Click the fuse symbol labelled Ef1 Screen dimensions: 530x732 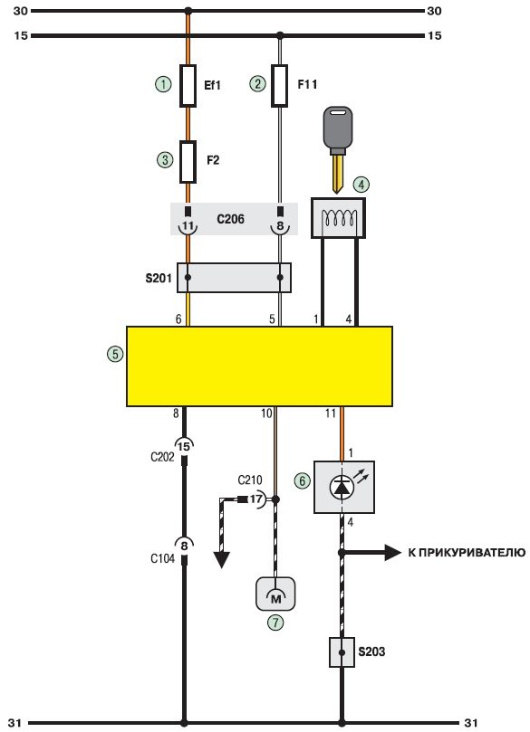[x=188, y=86]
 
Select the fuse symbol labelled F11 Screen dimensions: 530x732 [x=279, y=86]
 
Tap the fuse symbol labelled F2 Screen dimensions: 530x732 [x=188, y=162]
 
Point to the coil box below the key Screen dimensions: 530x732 [x=338, y=218]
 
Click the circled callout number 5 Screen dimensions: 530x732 [x=115, y=354]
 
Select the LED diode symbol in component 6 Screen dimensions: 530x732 [x=342, y=488]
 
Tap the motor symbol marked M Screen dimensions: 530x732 [x=275, y=594]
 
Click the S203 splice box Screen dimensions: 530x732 [x=342, y=652]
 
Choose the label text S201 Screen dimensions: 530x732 [x=159, y=279]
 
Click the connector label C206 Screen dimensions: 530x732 [x=230, y=219]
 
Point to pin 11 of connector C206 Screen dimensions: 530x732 [x=188, y=226]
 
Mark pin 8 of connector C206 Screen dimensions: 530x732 [x=280, y=226]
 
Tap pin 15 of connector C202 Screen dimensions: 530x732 [x=184, y=446]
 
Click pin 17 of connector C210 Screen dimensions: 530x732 [x=256, y=499]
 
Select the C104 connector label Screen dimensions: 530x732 [x=163, y=558]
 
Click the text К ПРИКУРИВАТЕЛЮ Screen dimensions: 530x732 [x=467, y=553]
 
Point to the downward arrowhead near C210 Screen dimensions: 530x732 [x=222, y=559]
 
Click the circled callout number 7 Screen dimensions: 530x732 [x=275, y=623]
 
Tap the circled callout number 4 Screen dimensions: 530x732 [x=361, y=185]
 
